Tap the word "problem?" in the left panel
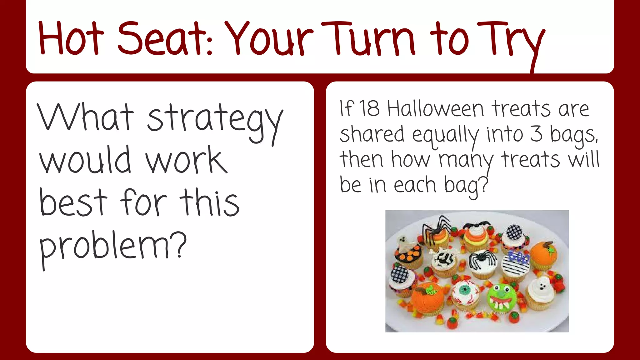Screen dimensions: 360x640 [112, 247]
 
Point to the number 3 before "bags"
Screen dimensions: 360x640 [536, 134]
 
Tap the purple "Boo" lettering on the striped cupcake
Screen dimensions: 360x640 [519, 257]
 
